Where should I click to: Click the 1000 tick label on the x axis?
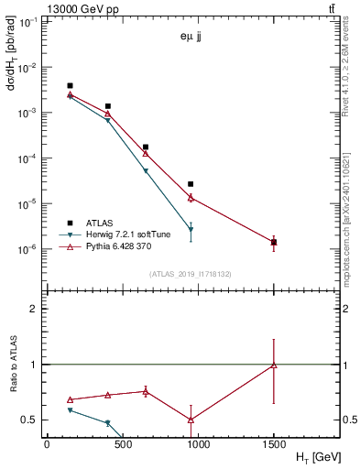(x=198, y=444)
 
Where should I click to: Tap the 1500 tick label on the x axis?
(x=274, y=444)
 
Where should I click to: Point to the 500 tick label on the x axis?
(x=122, y=444)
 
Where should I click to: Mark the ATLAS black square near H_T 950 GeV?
(x=191, y=184)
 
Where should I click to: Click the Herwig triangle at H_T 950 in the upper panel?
(x=191, y=230)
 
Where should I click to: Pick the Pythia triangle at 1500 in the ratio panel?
(x=274, y=365)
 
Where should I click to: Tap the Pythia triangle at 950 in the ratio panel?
(x=191, y=420)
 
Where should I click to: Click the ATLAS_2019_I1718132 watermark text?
(x=190, y=274)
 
